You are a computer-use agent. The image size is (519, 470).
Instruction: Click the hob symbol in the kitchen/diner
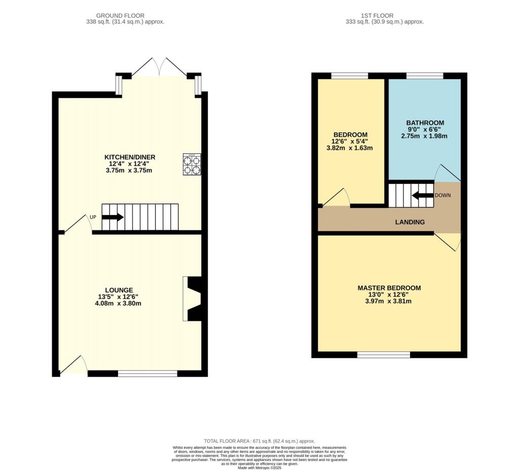[x=192, y=165]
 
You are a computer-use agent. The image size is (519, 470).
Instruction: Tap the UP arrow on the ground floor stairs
[x=113, y=218]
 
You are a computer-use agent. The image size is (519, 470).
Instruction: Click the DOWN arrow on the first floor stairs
[x=422, y=195]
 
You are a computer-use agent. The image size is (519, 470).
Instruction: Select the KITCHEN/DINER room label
[x=130, y=157]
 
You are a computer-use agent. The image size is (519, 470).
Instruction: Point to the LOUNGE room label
[x=119, y=290]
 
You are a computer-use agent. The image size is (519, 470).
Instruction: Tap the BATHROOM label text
[x=425, y=123]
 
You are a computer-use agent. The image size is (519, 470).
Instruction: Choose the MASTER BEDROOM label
[x=389, y=288]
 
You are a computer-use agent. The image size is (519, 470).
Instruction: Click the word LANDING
[x=410, y=222]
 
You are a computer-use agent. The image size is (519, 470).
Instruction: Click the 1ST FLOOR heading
[x=384, y=16]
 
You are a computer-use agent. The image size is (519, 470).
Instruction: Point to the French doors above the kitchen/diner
[x=159, y=67]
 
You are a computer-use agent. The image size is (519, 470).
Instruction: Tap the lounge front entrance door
[x=73, y=366]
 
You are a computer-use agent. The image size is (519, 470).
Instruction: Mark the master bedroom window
[x=384, y=354]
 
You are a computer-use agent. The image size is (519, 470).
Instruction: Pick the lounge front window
[x=147, y=374]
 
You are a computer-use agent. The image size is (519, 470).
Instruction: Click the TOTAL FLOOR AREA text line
[x=259, y=441]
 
